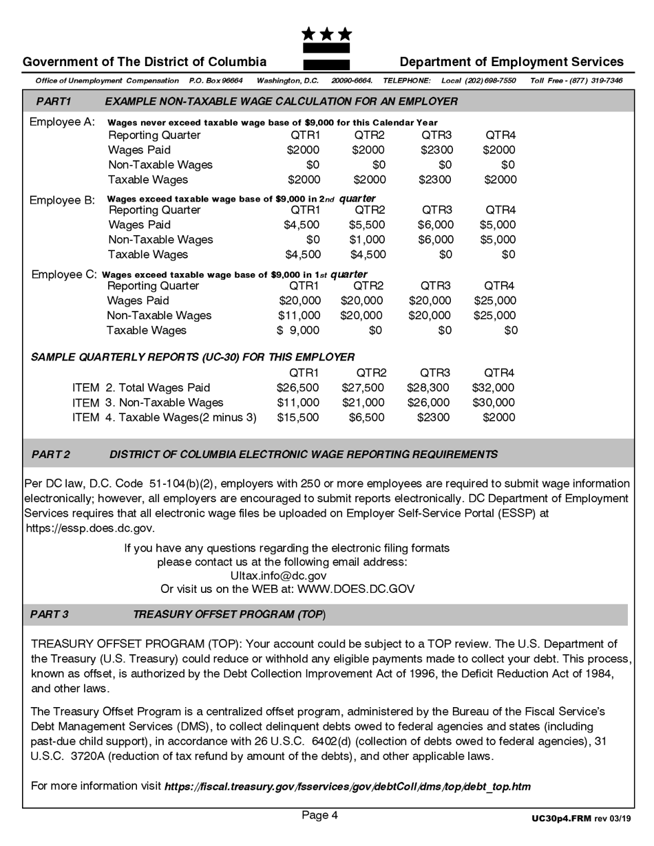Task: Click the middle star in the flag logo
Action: [x=327, y=34]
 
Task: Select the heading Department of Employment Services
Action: [x=511, y=62]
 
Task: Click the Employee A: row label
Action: [x=62, y=122]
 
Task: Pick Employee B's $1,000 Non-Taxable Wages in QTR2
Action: [x=368, y=240]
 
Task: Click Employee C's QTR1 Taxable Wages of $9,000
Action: [x=299, y=331]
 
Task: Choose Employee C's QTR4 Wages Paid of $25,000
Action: [x=495, y=301]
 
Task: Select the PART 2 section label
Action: [x=51, y=455]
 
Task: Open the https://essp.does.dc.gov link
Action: [x=90, y=529]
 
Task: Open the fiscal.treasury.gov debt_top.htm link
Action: [x=347, y=787]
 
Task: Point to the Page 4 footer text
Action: [x=319, y=816]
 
